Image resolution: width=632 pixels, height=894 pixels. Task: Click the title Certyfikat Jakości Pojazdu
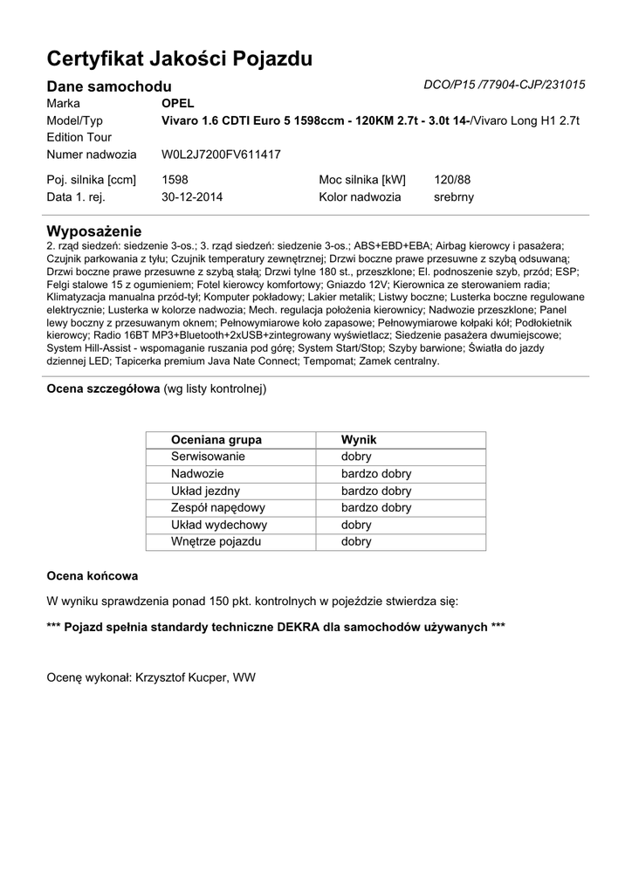[179, 58]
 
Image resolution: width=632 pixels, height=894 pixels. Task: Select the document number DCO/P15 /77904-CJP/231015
[504, 85]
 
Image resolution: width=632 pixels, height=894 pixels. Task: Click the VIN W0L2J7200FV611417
[221, 155]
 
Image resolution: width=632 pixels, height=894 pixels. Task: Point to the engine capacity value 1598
[175, 180]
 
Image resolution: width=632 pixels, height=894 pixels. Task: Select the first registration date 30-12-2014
[192, 197]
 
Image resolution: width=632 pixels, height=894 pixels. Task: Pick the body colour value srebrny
[454, 197]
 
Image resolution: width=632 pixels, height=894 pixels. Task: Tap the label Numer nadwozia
[92, 155]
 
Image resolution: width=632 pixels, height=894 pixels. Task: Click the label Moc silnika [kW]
[362, 180]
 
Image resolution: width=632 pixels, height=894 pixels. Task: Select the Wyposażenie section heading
[93, 231]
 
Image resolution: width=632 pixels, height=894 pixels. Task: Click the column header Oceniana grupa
[216, 440]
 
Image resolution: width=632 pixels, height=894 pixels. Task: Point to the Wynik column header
[359, 440]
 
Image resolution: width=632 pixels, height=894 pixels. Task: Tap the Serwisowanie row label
[209, 457]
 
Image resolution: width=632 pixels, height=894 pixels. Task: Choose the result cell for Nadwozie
[376, 473]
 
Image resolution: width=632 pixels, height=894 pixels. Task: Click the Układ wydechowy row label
[219, 525]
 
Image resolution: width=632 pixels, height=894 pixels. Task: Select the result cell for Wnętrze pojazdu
[356, 541]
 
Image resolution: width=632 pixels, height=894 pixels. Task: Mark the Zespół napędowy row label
[218, 507]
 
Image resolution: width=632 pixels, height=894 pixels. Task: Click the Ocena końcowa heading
[92, 576]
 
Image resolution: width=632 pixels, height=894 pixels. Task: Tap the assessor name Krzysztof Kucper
[179, 677]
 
